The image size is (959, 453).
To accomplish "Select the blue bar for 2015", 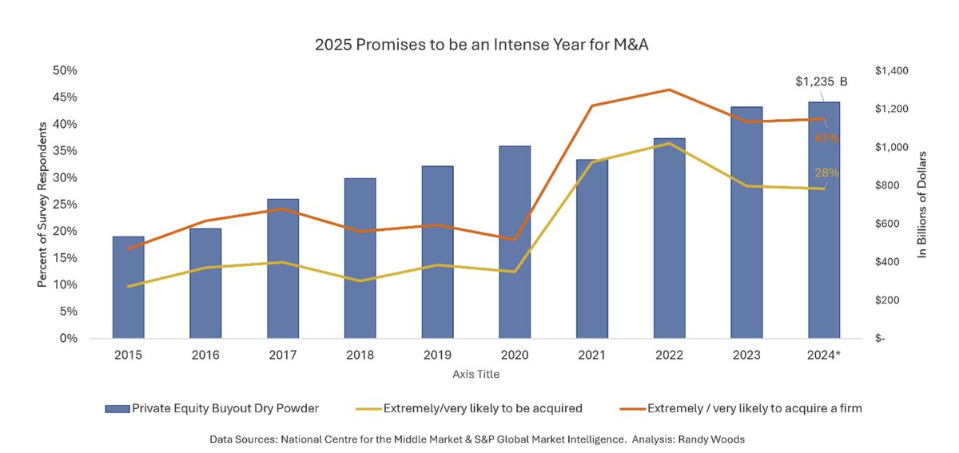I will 128,288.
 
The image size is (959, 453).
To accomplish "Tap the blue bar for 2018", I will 360,258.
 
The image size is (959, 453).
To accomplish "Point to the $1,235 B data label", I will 821,81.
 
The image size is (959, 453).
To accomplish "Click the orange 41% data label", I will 826,138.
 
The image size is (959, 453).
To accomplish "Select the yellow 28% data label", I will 826,173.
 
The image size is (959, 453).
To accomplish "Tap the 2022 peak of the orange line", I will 670,90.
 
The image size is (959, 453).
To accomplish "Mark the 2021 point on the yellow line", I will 592,162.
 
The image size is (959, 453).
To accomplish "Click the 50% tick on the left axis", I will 64,70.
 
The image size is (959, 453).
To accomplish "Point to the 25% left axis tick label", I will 64,205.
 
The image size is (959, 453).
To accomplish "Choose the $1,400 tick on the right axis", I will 892,71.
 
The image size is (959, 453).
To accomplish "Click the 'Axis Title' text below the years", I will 476,373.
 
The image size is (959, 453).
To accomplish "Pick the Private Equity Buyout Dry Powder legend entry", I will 212,408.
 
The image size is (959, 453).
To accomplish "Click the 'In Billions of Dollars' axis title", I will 921,205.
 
